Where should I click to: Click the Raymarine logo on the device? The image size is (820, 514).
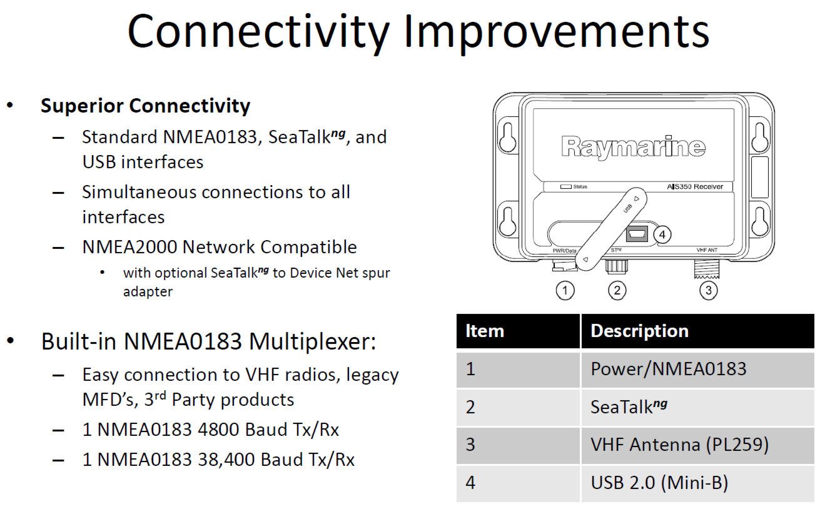tap(634, 147)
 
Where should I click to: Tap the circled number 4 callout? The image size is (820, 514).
tap(662, 234)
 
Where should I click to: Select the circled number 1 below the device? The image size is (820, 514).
tap(565, 290)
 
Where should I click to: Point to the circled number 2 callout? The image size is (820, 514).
tap(617, 290)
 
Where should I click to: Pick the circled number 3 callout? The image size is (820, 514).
tap(708, 290)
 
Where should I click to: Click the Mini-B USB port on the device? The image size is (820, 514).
tap(637, 234)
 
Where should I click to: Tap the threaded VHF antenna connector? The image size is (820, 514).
tap(707, 269)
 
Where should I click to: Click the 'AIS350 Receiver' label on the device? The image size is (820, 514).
tap(695, 187)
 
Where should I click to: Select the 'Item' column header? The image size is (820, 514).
tap(484, 331)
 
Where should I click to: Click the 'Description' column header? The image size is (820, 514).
tap(639, 331)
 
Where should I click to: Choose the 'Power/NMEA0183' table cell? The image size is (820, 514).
tap(668, 369)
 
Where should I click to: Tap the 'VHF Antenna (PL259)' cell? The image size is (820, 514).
tap(679, 445)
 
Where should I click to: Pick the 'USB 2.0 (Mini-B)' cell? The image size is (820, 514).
tap(659, 483)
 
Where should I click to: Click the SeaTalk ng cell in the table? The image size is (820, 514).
tap(629, 406)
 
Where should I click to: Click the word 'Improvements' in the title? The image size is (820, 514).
tap(557, 32)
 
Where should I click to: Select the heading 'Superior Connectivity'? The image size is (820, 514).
tap(145, 106)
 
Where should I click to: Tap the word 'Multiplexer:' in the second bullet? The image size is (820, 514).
tap(312, 342)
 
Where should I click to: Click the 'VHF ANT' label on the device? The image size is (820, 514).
tap(707, 250)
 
